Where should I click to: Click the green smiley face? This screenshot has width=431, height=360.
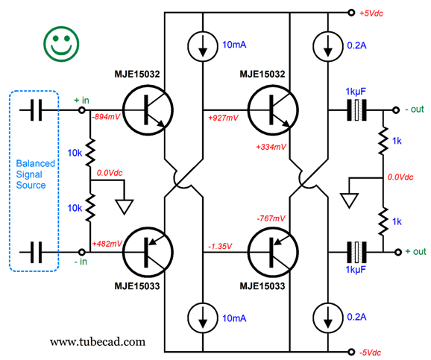(61, 44)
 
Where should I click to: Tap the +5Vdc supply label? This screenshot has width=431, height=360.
(371, 13)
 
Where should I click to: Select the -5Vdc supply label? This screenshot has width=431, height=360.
(370, 353)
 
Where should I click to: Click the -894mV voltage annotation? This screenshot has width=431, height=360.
(106, 117)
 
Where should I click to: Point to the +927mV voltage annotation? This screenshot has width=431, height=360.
(223, 118)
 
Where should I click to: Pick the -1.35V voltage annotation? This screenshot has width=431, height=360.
(220, 246)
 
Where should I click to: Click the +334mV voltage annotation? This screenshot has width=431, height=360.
(271, 147)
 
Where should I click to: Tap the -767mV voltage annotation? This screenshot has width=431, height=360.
(271, 218)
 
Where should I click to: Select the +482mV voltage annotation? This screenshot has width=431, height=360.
(107, 244)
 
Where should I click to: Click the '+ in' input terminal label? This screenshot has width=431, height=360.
(81, 101)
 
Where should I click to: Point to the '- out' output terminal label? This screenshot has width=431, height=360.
(415, 110)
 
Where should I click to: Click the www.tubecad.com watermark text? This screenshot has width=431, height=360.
(98, 342)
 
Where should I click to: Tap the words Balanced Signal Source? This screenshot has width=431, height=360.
(36, 174)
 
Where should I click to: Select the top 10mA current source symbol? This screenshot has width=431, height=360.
(203, 46)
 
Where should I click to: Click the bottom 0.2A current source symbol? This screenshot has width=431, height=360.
(327, 318)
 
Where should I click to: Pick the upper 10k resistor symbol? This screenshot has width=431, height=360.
(90, 153)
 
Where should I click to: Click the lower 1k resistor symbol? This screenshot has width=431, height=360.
(383, 221)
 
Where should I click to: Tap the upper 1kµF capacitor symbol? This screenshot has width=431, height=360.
(356, 110)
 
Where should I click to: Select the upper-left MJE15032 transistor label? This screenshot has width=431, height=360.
(137, 75)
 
